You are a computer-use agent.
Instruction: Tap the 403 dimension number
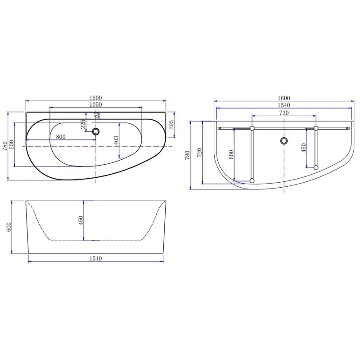116,140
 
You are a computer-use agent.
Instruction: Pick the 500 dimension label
12,145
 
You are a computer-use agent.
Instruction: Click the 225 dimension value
83,125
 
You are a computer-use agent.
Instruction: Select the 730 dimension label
284,113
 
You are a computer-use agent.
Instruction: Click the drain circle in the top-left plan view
95,132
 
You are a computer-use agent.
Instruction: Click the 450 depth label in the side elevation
81,220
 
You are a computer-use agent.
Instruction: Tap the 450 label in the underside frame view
304,147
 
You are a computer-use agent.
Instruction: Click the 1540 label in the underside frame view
284,105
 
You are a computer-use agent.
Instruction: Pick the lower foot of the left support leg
252,181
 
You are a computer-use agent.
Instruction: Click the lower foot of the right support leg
316,167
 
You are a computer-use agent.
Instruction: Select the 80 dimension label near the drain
95,116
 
